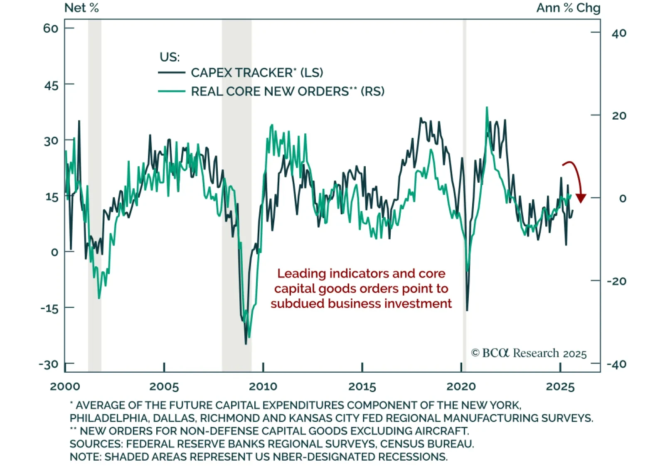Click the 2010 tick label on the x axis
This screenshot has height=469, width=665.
click(x=263, y=386)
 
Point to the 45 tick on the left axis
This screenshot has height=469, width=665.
click(x=52, y=86)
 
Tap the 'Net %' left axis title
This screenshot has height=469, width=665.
click(x=81, y=8)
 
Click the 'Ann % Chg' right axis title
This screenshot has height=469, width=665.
click(x=568, y=8)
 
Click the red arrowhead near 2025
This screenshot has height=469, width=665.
click(x=581, y=198)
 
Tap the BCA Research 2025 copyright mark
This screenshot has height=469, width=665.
click(x=529, y=353)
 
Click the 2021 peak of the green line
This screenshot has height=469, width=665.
click(x=487, y=108)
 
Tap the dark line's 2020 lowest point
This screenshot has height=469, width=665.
click(x=467, y=310)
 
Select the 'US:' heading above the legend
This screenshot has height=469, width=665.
click(x=170, y=57)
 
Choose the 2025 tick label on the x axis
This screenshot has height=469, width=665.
click(x=560, y=386)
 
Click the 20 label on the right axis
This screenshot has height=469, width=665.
click(x=619, y=115)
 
